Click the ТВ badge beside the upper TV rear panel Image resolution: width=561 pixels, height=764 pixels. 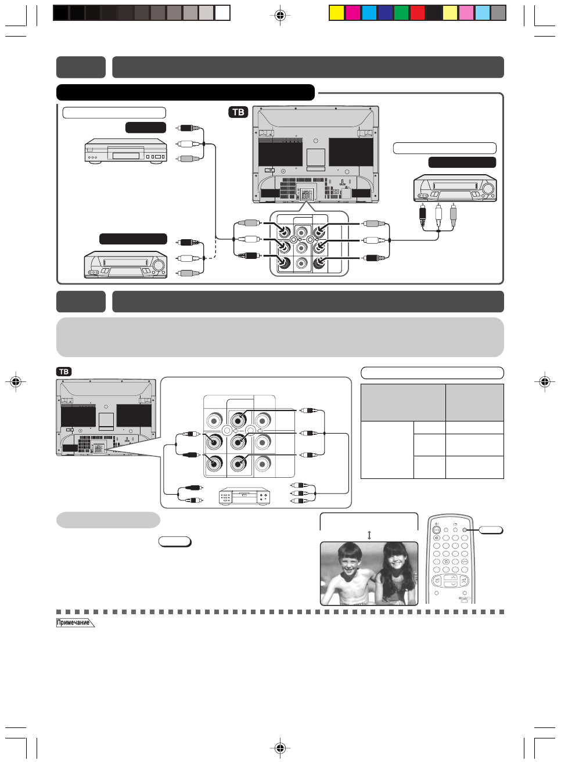[238, 112]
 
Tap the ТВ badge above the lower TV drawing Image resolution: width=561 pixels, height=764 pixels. [64, 372]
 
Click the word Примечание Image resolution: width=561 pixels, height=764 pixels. [74, 623]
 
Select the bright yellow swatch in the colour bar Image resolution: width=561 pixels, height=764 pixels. [337, 13]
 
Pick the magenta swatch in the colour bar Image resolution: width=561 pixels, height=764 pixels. [353, 13]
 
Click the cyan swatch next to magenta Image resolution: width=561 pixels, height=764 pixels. [369, 13]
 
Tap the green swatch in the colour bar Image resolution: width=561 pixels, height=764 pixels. [402, 13]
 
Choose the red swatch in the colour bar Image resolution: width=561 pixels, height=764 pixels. [418, 13]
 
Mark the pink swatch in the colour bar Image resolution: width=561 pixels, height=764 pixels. [466, 13]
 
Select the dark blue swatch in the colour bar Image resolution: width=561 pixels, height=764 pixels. [386, 13]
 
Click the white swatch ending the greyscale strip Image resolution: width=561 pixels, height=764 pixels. [222, 13]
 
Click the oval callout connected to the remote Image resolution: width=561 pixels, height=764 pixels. [491, 530]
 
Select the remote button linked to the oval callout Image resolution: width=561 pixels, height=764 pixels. [465, 530]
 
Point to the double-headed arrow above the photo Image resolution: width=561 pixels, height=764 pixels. [369, 535]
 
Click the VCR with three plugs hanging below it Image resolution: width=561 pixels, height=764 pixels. [455, 188]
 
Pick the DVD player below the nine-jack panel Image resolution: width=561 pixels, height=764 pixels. [244, 496]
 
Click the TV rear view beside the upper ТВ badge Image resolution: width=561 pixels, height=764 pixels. [315, 154]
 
